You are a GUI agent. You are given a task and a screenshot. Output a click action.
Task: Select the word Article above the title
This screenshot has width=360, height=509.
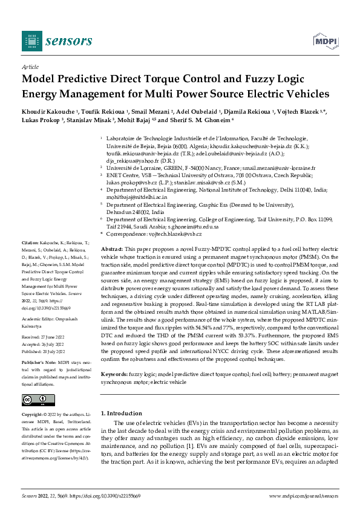click(30, 68)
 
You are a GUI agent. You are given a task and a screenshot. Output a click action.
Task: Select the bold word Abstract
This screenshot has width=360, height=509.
click(112, 249)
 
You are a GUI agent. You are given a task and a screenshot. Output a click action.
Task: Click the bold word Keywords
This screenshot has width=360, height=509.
click(115, 374)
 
